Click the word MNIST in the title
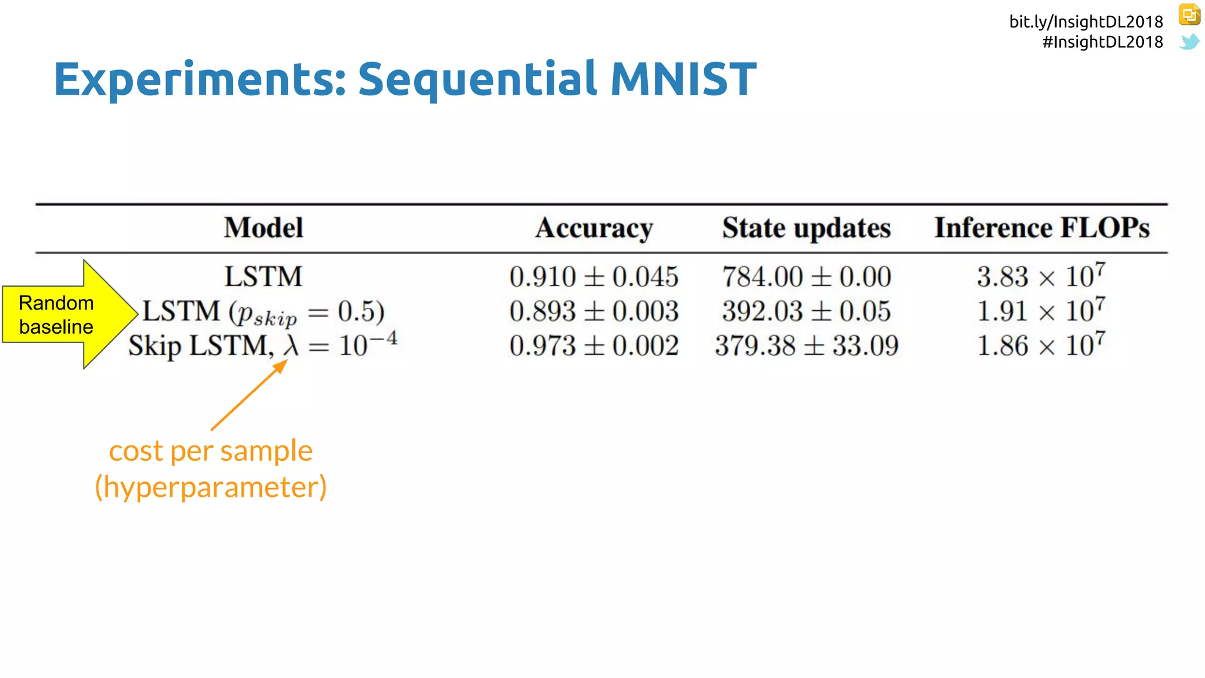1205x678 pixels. point(683,79)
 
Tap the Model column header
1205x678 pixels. point(264,228)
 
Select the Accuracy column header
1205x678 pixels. point(594,228)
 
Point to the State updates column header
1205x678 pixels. point(806,228)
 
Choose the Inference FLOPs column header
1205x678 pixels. point(1041,228)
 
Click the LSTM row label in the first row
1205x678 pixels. point(264,277)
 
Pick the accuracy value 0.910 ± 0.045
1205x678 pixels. point(594,277)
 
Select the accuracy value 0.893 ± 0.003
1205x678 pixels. point(594,311)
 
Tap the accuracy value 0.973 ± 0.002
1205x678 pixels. point(594,345)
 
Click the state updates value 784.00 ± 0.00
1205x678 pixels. point(806,277)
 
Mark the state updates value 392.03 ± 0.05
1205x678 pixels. point(806,311)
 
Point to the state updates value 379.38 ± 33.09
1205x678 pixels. point(806,345)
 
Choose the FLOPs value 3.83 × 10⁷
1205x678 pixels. point(1040,276)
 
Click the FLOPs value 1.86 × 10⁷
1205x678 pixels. point(1040,345)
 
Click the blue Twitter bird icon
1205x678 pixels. point(1189,42)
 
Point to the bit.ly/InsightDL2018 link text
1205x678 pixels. point(1086,22)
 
